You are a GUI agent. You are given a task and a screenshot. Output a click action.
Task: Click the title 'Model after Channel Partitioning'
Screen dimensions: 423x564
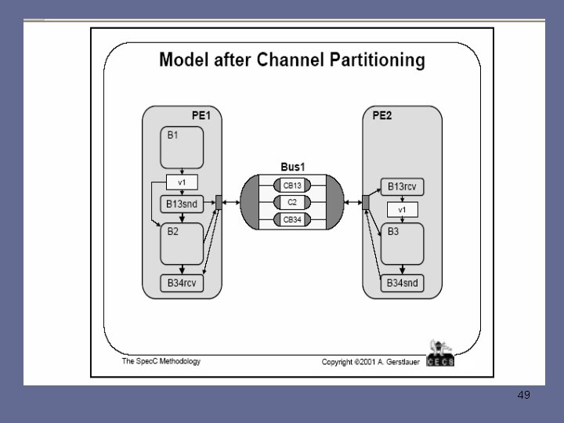click(292, 60)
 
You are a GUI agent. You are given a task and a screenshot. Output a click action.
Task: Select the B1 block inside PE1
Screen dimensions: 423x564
click(183, 148)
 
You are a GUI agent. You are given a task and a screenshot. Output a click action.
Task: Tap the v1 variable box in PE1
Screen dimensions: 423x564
click(182, 183)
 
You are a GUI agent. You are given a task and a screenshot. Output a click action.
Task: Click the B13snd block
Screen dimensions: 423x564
click(182, 204)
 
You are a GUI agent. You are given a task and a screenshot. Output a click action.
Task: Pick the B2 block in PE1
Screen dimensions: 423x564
click(182, 244)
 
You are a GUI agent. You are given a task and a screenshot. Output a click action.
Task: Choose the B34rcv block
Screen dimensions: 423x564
click(182, 283)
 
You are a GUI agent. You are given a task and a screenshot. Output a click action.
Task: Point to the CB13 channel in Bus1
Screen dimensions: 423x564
click(292, 185)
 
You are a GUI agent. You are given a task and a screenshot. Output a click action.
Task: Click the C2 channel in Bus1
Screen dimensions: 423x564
click(292, 202)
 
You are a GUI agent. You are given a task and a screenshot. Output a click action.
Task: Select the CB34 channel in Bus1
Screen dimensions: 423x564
click(292, 219)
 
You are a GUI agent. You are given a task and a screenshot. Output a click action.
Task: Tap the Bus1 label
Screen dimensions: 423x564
click(292, 167)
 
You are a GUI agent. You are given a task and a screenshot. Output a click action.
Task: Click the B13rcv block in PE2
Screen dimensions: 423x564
click(403, 187)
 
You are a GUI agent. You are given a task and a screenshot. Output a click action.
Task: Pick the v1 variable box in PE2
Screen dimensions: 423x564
click(403, 209)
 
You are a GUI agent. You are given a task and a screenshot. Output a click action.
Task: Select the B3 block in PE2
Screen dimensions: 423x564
click(403, 244)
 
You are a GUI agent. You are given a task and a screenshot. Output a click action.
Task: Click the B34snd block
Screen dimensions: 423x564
click(403, 283)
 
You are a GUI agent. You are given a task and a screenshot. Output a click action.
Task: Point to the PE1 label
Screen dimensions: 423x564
click(201, 115)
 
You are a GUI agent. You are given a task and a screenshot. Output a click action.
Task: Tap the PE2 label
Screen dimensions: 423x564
click(382, 115)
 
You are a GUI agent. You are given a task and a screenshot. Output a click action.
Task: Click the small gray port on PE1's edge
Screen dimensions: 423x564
click(219, 202)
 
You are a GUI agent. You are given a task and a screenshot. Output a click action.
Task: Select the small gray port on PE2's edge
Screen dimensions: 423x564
click(365, 202)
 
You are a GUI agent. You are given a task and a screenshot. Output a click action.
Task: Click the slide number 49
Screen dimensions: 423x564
click(523, 395)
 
